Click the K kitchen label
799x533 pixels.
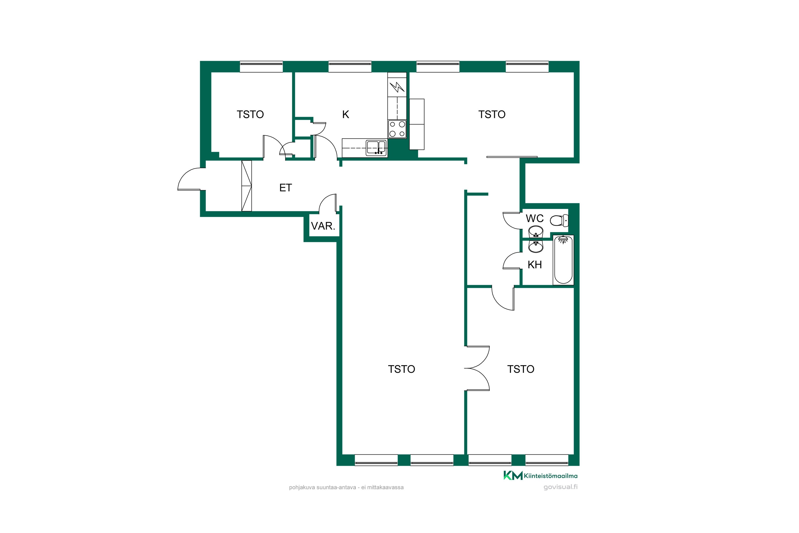pyautogui.click(x=345, y=115)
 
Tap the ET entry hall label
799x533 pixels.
pyautogui.click(x=285, y=188)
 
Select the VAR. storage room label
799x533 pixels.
pyautogui.click(x=323, y=226)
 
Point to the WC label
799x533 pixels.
pyautogui.click(x=535, y=219)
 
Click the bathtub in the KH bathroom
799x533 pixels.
pyautogui.click(x=563, y=260)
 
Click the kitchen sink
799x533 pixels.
pyautogui.click(x=376, y=148)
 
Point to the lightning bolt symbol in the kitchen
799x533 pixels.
pyautogui.click(x=397, y=87)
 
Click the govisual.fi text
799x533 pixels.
pyautogui.click(x=561, y=487)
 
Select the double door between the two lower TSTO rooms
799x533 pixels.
pyautogui.click(x=477, y=368)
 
